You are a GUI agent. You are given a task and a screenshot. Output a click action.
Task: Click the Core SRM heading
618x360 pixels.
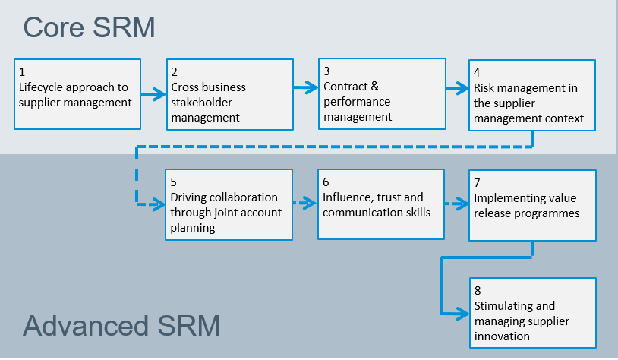(89, 27)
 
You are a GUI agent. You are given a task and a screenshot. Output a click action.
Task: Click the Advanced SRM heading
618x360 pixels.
(121, 326)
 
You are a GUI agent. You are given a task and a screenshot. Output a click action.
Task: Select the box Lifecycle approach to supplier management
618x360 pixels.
(77, 93)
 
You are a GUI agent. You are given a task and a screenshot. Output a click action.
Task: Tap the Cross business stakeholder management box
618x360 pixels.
(230, 94)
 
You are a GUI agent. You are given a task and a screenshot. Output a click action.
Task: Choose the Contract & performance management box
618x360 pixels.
(381, 94)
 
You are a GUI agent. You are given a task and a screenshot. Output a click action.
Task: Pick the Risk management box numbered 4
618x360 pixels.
(531, 95)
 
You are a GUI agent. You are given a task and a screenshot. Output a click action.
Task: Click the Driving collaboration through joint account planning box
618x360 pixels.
(229, 204)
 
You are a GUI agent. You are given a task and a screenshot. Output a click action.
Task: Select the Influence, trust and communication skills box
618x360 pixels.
(381, 204)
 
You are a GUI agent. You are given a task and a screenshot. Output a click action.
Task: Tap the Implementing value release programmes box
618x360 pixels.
(531, 205)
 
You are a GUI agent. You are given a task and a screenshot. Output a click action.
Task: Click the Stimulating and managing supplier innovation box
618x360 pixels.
(531, 313)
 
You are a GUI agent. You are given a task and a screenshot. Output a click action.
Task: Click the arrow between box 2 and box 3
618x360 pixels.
(306, 88)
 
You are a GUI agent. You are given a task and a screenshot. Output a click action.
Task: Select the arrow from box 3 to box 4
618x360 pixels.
(457, 89)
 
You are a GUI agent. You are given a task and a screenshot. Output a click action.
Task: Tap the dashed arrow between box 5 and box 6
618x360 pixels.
(305, 204)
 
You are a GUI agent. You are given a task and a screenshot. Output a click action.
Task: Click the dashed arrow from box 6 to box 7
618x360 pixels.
(457, 204)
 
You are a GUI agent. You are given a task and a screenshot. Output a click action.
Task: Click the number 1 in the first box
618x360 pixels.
(22, 72)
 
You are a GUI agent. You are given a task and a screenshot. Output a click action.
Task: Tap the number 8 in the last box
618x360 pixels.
(478, 291)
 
